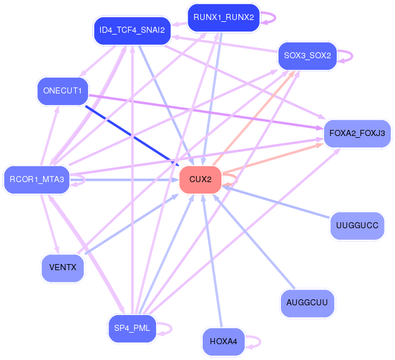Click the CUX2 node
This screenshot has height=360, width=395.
(x=200, y=180)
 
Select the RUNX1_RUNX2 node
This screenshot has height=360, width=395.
(x=224, y=18)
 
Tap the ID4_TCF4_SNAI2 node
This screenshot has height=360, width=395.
(x=132, y=30)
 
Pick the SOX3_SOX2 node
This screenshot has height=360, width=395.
(x=308, y=56)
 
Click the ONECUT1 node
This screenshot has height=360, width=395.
(x=62, y=91)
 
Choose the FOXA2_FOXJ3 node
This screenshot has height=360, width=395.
(x=357, y=134)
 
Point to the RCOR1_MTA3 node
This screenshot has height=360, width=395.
(x=37, y=180)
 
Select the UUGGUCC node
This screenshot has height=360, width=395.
(x=357, y=226)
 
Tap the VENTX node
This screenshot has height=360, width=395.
(x=62, y=268)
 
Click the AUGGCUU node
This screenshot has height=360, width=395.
(x=307, y=303)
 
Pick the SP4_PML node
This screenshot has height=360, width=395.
(x=132, y=328)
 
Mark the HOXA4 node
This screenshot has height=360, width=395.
(x=223, y=342)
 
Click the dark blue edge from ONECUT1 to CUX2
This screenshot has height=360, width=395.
(x=132, y=136)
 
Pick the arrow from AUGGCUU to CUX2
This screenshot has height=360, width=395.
(x=254, y=241)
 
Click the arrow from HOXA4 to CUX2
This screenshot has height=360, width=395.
(x=212, y=260)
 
